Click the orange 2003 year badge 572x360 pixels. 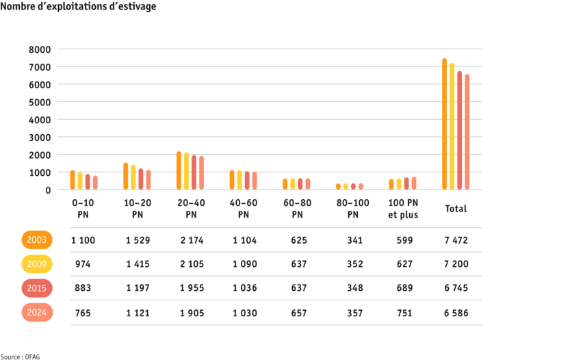(x=37, y=240)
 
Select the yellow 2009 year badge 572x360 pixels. (x=37, y=264)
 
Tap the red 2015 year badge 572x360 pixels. (x=37, y=288)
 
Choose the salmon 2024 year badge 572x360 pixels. (x=37, y=312)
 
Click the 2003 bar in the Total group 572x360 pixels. (x=444, y=124)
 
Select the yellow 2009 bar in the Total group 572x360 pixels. (x=452, y=127)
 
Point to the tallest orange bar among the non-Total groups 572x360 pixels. (x=179, y=170)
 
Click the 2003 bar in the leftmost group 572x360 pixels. (x=73, y=180)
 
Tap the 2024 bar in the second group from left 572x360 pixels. (x=148, y=179)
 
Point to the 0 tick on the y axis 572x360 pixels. (x=48, y=190)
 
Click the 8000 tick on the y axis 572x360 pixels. (x=40, y=49)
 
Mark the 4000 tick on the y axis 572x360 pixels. (x=40, y=120)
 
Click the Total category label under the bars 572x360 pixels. (x=456, y=209)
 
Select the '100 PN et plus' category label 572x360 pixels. (x=403, y=209)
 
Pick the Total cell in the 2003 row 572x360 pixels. (x=455, y=240)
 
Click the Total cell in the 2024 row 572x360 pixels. (x=455, y=313)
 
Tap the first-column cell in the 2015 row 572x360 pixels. (x=83, y=288)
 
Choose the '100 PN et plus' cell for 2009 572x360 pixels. (x=403, y=264)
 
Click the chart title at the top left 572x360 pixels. (x=79, y=7)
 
